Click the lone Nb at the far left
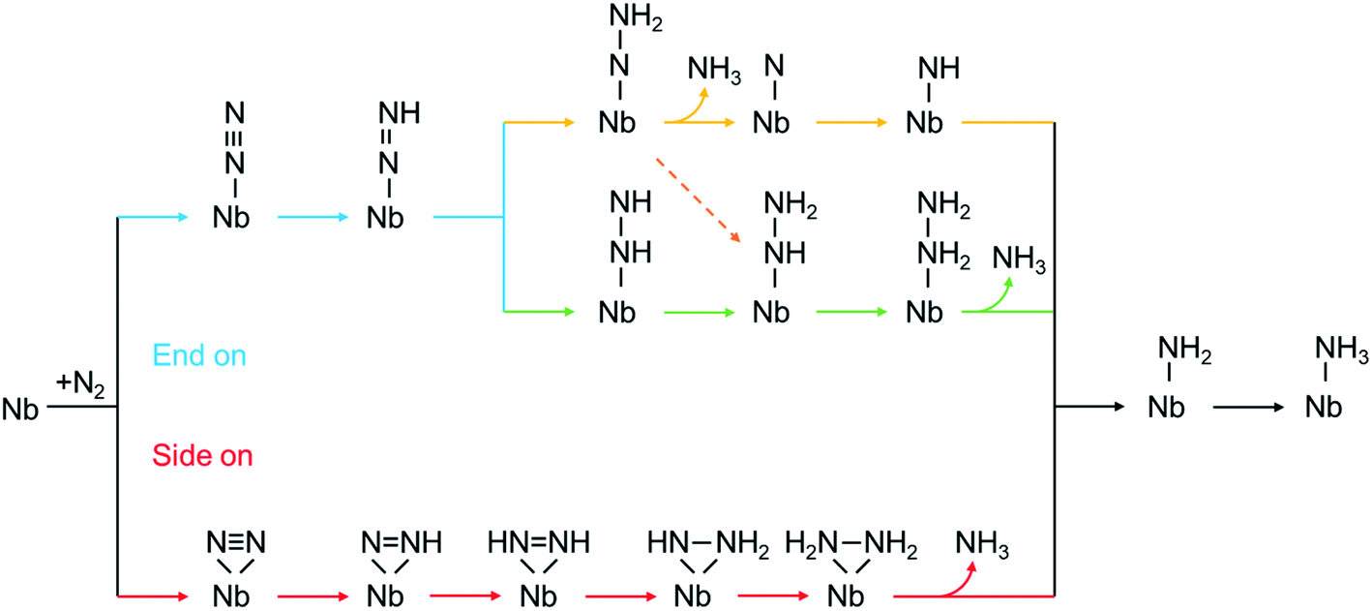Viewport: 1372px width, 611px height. click(21, 409)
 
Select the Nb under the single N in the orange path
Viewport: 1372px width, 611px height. click(771, 123)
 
